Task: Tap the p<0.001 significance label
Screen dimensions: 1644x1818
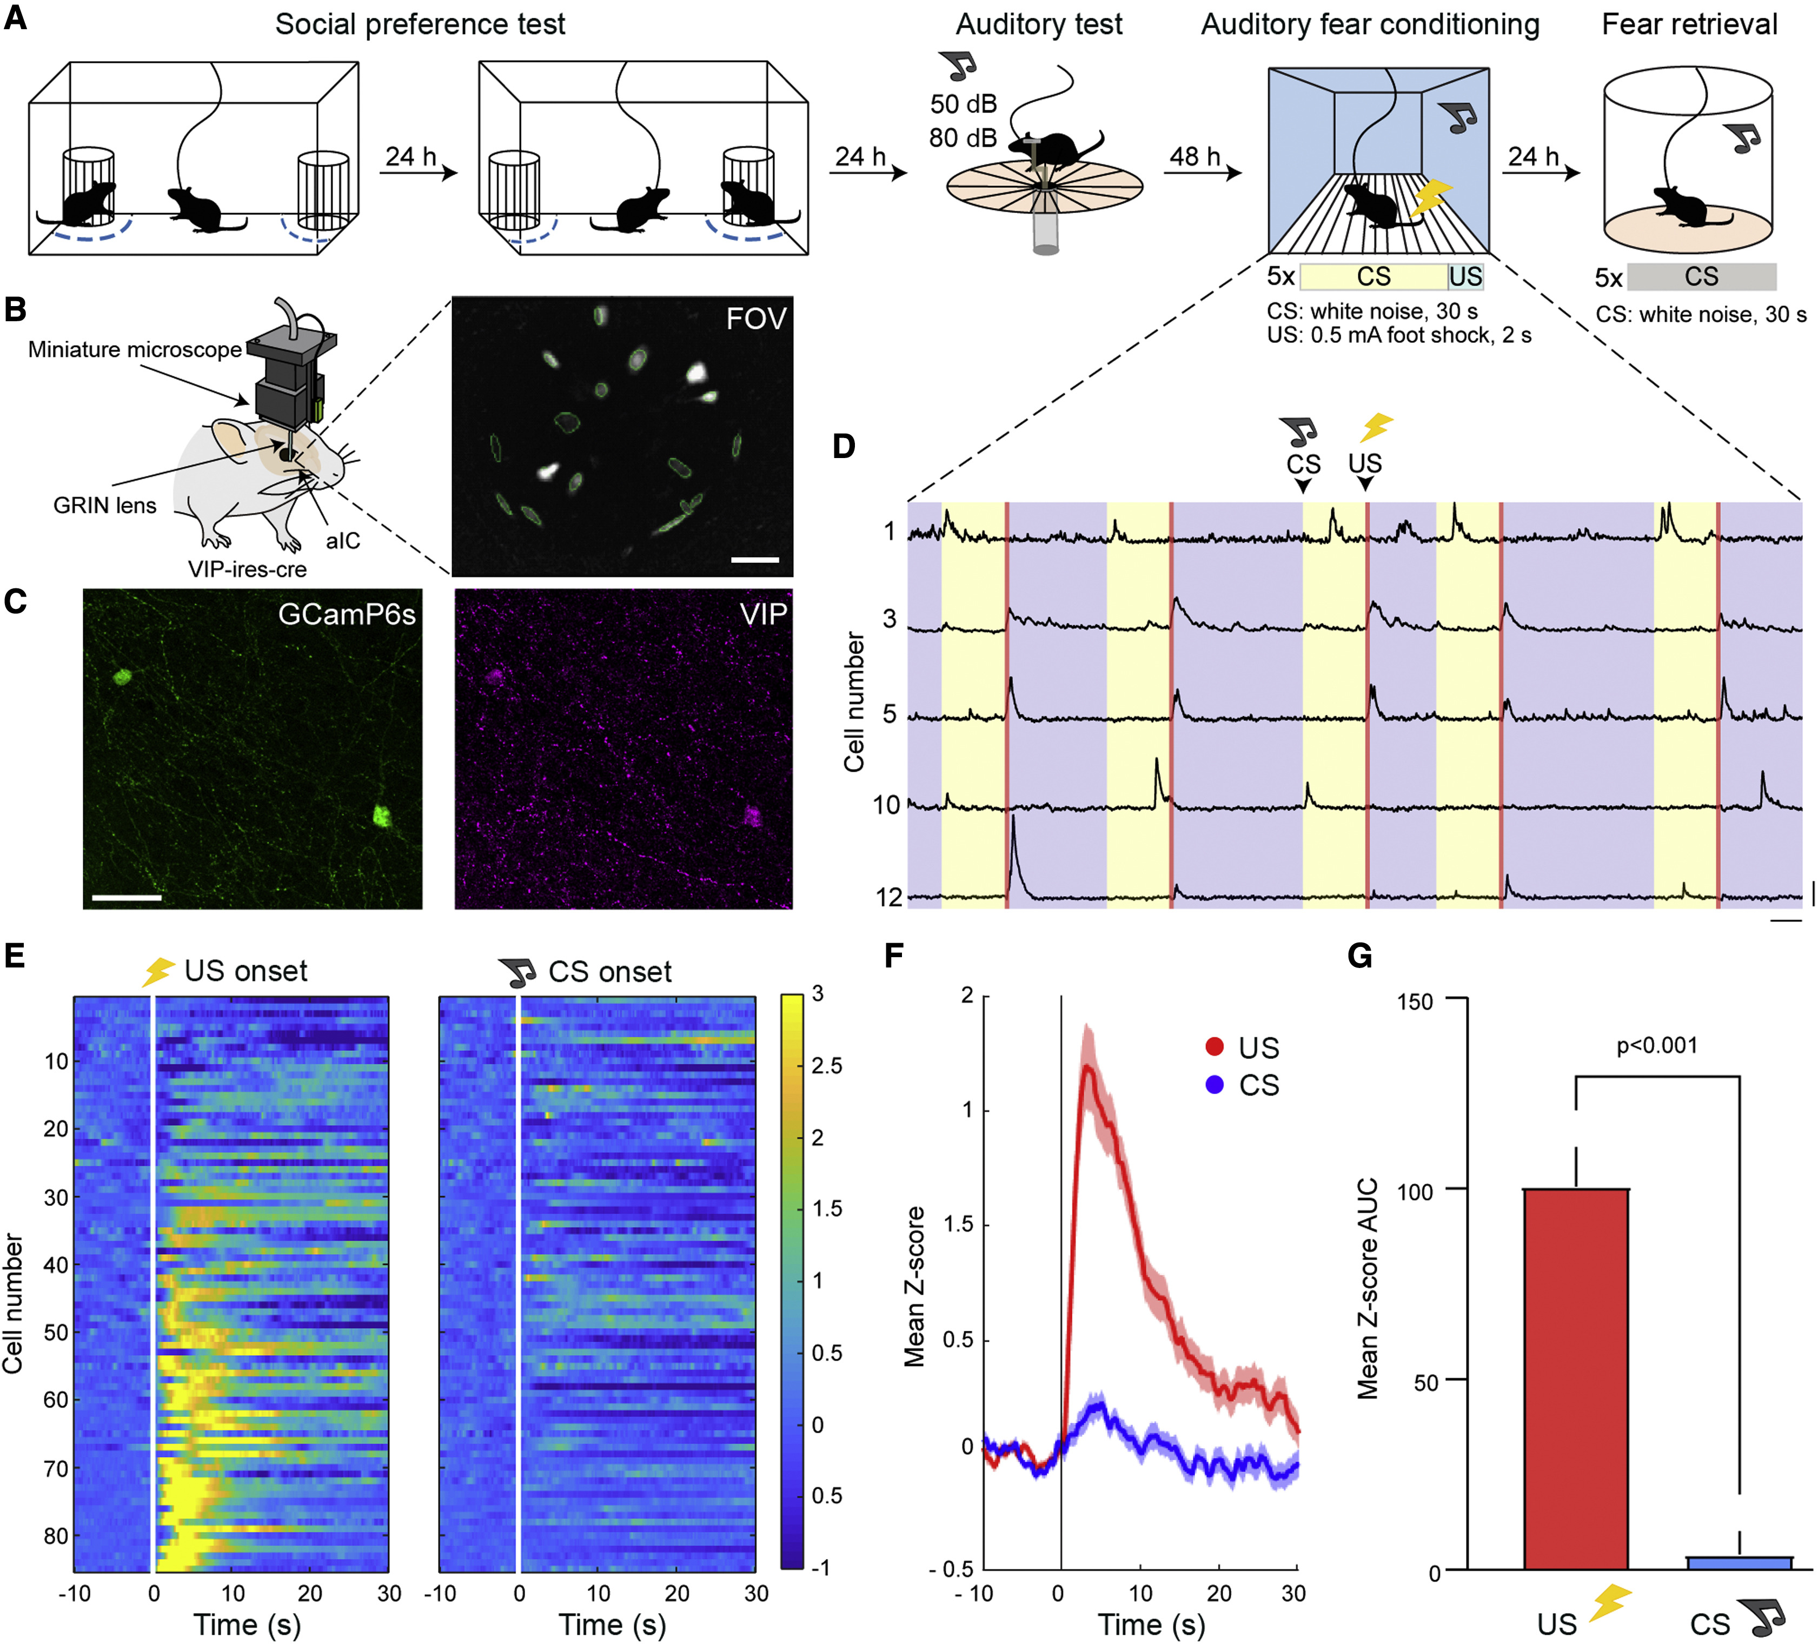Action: [1656, 1045]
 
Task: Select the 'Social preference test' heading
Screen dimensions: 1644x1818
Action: [420, 24]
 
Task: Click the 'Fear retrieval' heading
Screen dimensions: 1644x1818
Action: [1689, 24]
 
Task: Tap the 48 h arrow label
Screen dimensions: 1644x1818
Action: [1195, 156]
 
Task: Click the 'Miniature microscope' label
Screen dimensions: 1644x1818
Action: [135, 349]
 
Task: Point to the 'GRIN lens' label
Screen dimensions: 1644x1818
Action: [104, 505]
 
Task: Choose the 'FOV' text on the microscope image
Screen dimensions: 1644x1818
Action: [755, 319]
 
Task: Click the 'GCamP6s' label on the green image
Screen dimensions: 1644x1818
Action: [346, 614]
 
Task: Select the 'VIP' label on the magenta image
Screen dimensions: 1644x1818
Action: [763, 614]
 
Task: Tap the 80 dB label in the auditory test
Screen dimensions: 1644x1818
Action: [963, 138]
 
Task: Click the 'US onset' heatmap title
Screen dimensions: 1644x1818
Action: [246, 971]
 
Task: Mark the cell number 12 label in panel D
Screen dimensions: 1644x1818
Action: [889, 897]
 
